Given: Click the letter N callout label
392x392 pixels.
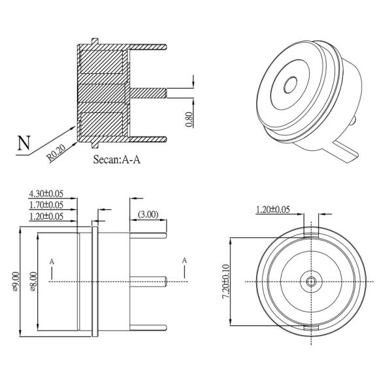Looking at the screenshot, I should point(23,142).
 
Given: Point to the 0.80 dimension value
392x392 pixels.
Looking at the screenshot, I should point(189,120).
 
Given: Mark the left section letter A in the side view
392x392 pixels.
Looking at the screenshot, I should point(52,261).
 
